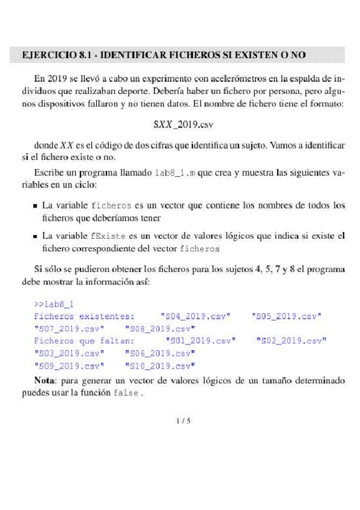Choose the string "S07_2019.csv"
point(69,328)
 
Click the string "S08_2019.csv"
point(159,328)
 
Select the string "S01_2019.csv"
point(201,341)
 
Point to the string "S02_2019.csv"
point(291,341)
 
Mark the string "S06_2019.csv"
point(159,353)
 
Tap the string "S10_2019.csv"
point(159,366)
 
